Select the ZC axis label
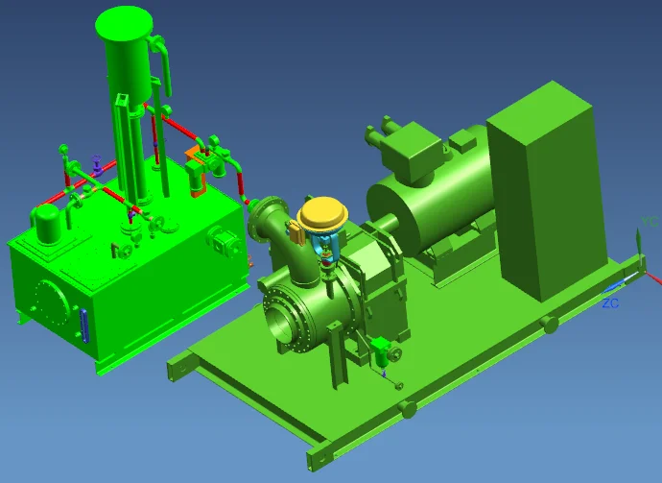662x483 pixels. click(x=610, y=302)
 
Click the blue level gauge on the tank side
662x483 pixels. click(x=85, y=326)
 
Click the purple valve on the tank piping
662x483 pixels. click(x=95, y=162)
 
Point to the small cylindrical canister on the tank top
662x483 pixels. click(x=46, y=222)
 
